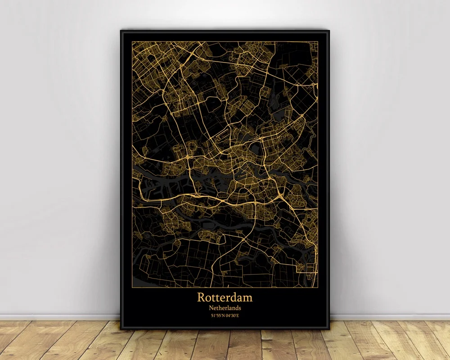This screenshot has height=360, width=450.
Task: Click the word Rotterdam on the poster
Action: coord(225,297)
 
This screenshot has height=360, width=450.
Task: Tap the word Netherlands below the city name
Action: coord(225,308)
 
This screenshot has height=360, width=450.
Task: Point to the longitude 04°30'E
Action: coord(233,316)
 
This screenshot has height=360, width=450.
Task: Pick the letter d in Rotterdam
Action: coord(234,297)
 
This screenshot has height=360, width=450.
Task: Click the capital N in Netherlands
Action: coord(211,308)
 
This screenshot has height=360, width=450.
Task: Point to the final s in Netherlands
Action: coord(240,308)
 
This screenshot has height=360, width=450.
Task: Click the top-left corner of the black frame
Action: coord(121,30)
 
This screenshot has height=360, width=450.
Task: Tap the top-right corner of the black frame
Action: coord(329,31)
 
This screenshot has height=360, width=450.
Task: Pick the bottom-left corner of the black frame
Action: coord(120,329)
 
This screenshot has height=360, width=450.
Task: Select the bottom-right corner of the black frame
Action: coord(330,329)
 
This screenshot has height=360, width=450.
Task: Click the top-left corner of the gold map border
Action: coord(132,41)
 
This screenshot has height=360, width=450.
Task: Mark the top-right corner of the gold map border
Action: coord(318,41)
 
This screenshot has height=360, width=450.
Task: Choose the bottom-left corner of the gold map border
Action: coord(132,287)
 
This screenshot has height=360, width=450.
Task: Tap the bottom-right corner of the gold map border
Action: coord(318,287)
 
